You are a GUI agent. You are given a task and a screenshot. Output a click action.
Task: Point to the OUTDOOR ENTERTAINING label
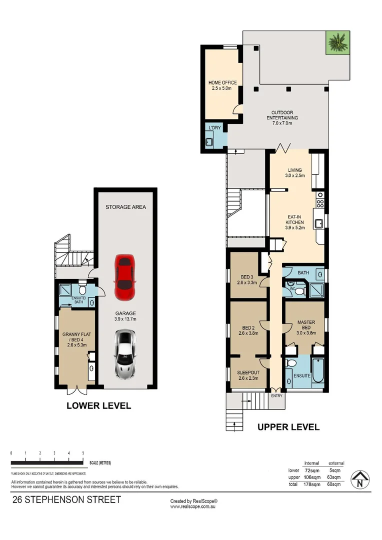(284, 115)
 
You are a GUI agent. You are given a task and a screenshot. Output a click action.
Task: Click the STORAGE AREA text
(125, 207)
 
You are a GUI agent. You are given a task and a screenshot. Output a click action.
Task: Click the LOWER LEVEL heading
(99, 406)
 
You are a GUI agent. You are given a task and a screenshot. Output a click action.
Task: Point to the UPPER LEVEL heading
(288, 427)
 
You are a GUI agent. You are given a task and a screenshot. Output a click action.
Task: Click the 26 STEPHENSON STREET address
(66, 499)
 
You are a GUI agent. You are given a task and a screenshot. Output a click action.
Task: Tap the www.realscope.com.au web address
(193, 506)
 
